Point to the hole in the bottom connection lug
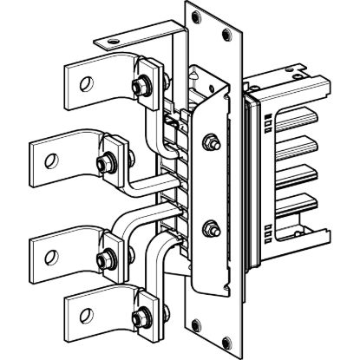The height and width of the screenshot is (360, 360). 85,308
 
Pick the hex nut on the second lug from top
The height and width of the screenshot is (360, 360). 108,161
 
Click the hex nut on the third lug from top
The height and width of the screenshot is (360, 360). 106,257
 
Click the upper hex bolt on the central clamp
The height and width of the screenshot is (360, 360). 209,140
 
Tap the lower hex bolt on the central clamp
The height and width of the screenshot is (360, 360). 209,230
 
